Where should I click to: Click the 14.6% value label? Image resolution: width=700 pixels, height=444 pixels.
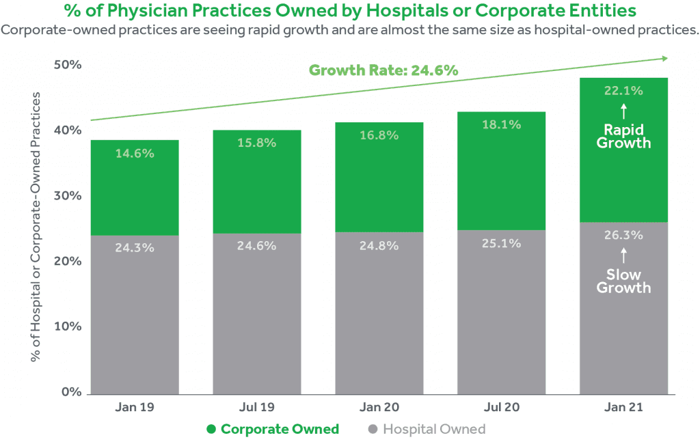[135, 154]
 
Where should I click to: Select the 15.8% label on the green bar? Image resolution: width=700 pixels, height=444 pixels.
[257, 143]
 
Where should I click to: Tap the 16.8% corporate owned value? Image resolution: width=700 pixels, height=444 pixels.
[379, 135]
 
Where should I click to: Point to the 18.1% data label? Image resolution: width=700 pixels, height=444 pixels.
[501, 125]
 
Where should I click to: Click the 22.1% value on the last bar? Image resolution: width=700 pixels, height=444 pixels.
[623, 90]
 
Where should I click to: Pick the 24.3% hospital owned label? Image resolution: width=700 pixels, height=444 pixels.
[135, 247]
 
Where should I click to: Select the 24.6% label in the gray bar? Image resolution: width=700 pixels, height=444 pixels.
[257, 246]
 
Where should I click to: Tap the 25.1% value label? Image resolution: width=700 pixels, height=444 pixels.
[501, 243]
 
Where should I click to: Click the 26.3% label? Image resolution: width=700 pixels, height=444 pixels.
[623, 235]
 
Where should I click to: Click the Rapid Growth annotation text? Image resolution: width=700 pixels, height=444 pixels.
[623, 137]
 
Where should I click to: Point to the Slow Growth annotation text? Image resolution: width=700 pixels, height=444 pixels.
[623, 281]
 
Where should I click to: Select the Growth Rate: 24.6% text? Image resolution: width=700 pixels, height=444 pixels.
[383, 70]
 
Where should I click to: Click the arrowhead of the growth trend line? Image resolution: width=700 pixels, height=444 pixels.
[665, 59]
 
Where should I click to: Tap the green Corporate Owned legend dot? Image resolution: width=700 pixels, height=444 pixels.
[211, 430]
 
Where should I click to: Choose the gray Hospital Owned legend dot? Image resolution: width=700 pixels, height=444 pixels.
[373, 430]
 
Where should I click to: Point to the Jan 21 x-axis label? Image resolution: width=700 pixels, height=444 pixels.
[623, 407]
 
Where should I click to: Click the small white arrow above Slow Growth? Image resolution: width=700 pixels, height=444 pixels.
[623, 255]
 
